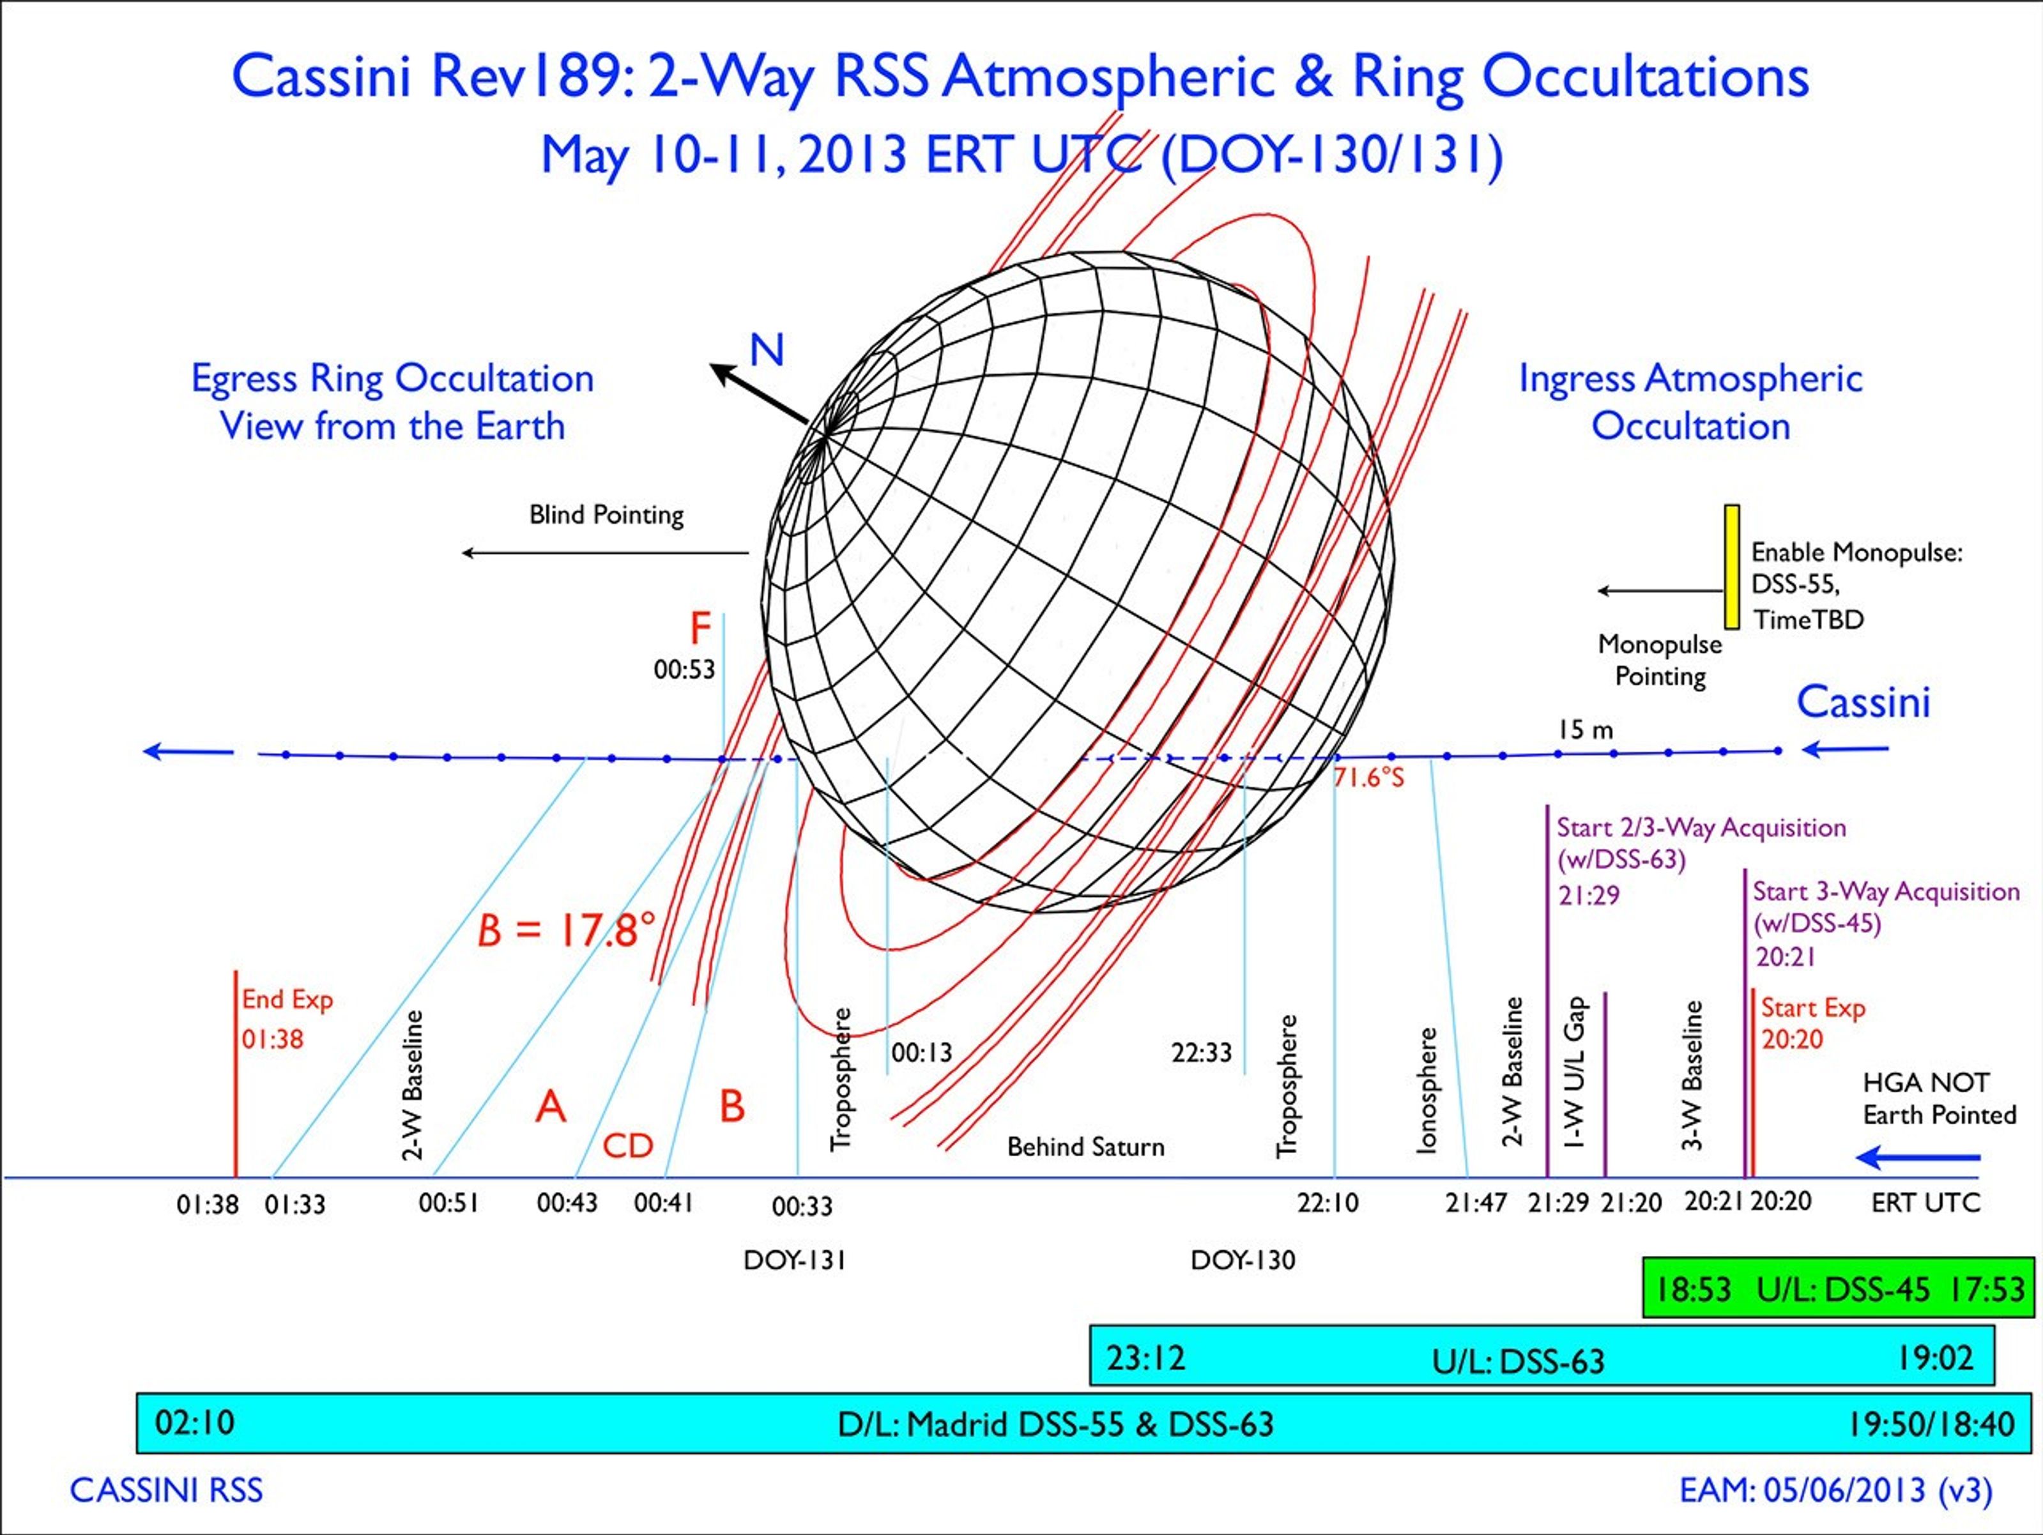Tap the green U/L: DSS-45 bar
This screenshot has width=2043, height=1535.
1839,1288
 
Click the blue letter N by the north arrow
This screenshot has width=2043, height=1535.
767,351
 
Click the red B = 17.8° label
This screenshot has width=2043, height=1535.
566,930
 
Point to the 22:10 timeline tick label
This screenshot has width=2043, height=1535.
1328,1202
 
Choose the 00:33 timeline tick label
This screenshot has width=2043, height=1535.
802,1205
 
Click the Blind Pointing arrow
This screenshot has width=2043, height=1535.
605,553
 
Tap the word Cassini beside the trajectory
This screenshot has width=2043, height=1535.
1863,703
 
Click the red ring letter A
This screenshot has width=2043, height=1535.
551,1106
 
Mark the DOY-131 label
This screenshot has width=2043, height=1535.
794,1260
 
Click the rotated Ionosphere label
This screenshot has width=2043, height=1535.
1427,1091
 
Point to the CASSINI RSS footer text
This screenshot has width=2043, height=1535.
166,1490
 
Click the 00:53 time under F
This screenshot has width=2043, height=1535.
684,669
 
